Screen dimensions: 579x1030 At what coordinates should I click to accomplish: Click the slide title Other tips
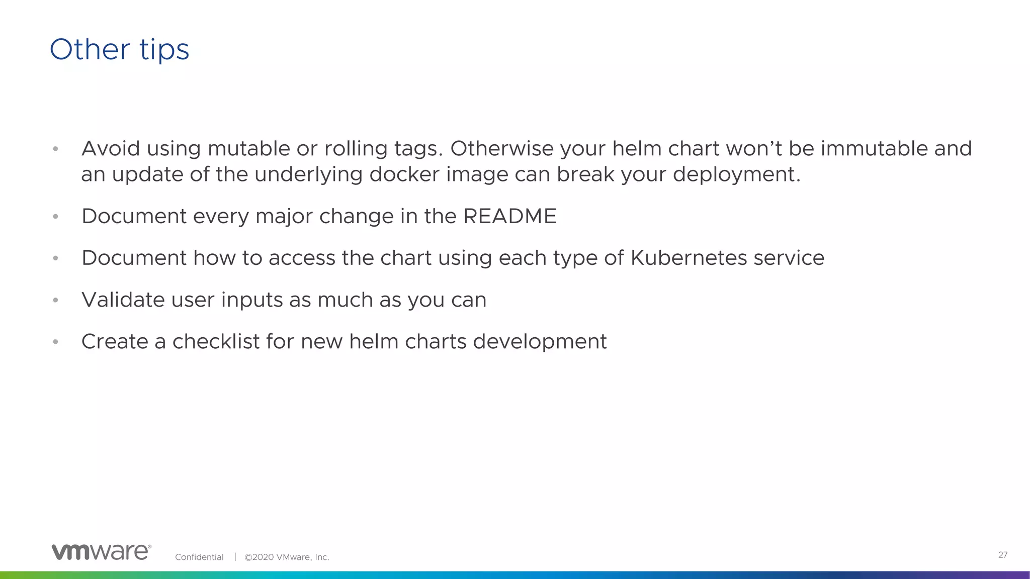(x=119, y=50)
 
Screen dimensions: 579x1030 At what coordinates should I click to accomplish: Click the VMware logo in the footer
(x=101, y=552)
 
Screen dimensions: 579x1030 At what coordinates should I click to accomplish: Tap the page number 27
(x=1002, y=555)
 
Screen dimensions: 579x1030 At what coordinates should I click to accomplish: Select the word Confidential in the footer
(x=199, y=557)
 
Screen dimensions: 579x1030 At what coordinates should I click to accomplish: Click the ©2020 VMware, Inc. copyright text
(x=287, y=557)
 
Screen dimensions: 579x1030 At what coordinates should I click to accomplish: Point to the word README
(x=509, y=216)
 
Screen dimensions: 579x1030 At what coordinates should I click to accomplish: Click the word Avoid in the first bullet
(x=111, y=148)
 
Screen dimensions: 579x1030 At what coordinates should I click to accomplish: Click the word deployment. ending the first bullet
(x=736, y=174)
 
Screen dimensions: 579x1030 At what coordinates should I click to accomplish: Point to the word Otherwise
(x=501, y=148)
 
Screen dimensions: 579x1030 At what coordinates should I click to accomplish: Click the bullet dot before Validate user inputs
(x=56, y=300)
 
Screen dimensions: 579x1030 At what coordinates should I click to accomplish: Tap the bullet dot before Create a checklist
(x=56, y=342)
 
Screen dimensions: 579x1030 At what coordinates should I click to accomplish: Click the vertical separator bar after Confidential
(x=235, y=557)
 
